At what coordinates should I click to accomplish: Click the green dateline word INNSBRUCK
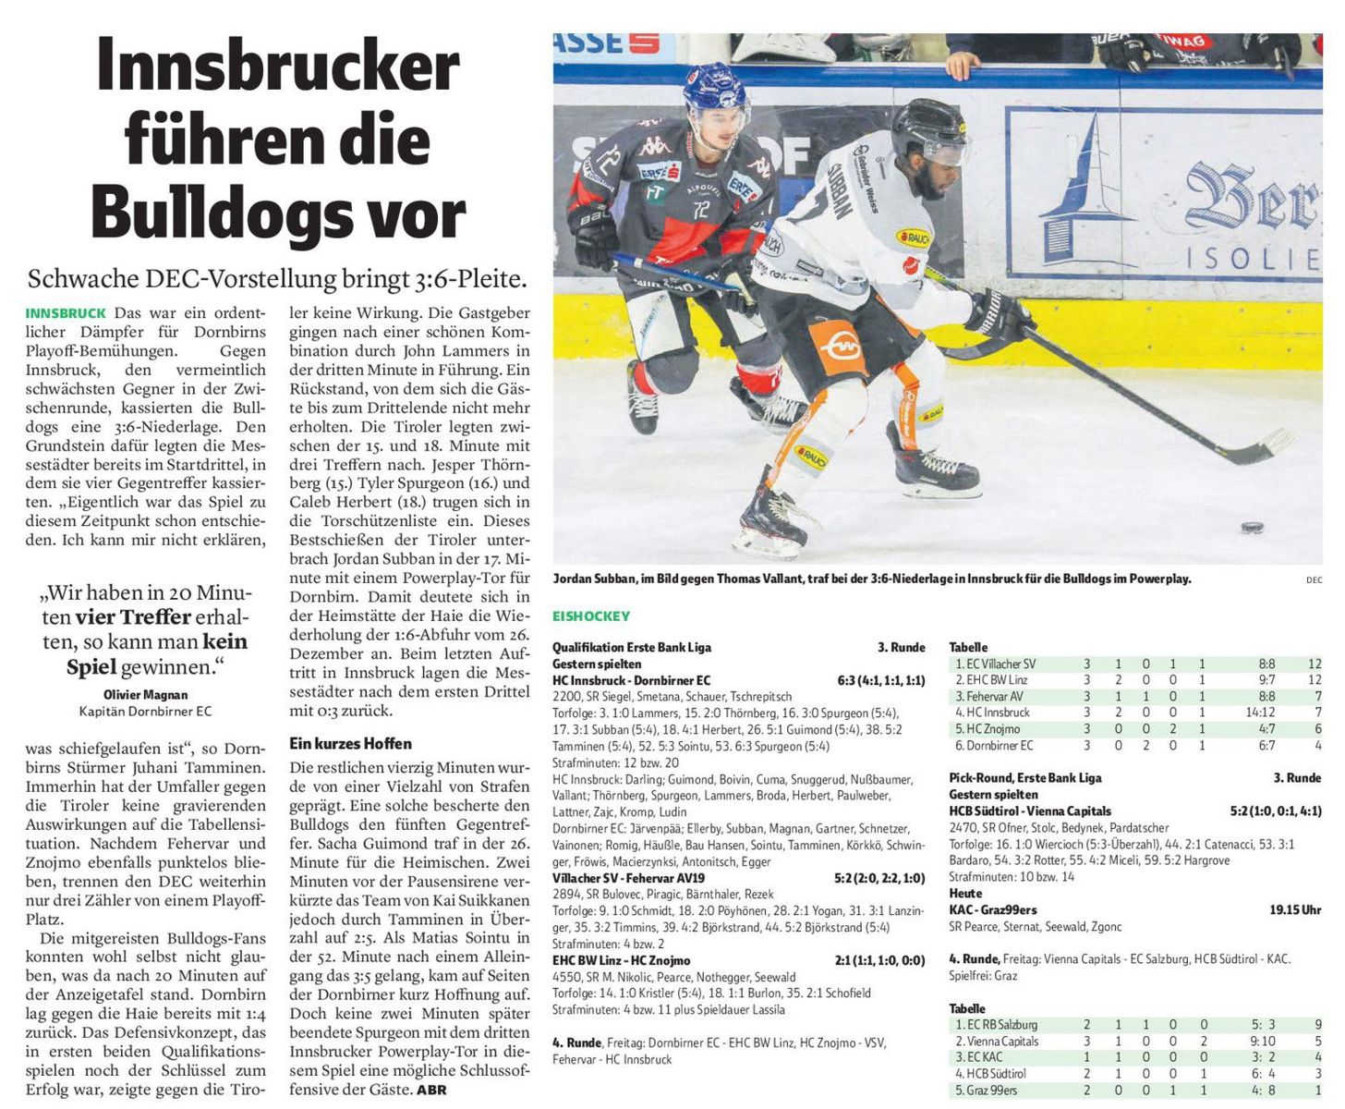[x=65, y=313]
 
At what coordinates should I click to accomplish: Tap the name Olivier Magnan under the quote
[x=145, y=695]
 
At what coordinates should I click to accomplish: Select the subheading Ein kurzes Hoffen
[x=350, y=744]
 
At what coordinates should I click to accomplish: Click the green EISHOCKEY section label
[x=591, y=616]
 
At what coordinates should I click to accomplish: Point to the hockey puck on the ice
[x=1252, y=528]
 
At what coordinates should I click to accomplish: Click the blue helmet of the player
[x=715, y=86]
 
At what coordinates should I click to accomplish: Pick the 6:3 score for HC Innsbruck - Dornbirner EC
[x=847, y=681]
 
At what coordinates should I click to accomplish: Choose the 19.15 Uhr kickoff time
[x=1295, y=910]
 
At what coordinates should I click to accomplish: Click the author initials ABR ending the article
[x=431, y=1091]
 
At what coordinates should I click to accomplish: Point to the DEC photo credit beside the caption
[x=1314, y=580]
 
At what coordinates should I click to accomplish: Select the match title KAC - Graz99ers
[x=993, y=910]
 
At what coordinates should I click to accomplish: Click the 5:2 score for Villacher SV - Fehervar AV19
[x=847, y=878]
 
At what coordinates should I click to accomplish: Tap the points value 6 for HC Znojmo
[x=1318, y=729]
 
